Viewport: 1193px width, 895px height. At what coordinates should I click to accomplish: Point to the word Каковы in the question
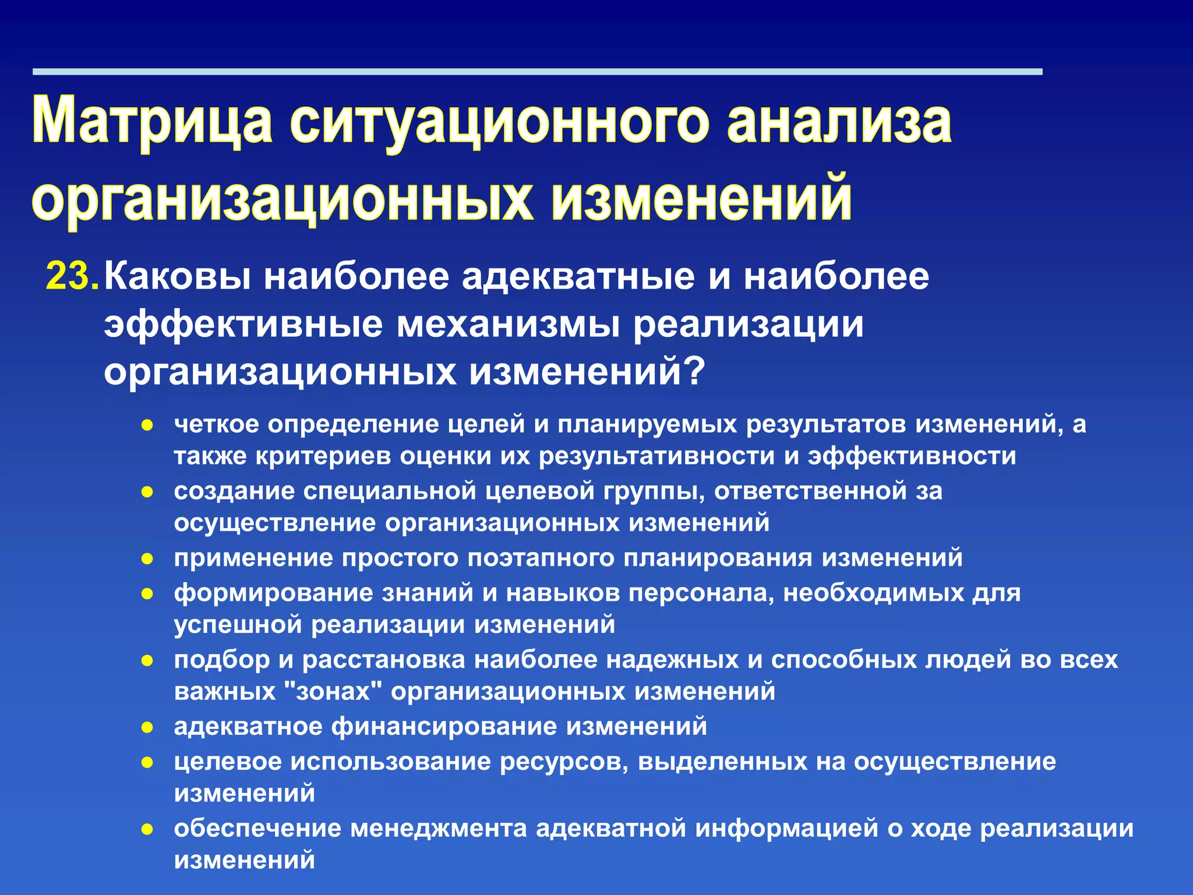click(178, 276)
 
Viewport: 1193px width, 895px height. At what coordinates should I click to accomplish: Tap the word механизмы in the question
click(507, 325)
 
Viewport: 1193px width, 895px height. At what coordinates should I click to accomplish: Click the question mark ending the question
click(694, 372)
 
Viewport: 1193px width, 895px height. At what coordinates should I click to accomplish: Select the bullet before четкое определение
click(147, 425)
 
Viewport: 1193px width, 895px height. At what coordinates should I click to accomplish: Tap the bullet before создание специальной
click(147, 492)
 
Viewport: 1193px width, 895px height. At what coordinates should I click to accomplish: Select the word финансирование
click(445, 727)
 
